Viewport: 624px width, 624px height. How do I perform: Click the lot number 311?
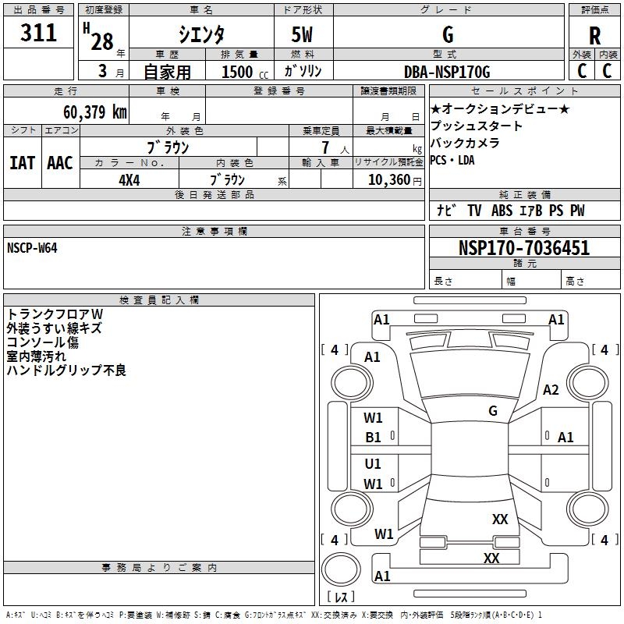pos(39,34)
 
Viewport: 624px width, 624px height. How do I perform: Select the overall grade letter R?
pos(594,35)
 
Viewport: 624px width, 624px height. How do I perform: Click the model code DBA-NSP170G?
pos(447,72)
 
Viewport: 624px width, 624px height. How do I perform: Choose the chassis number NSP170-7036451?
pos(523,249)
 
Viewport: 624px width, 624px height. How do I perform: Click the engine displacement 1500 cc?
pos(237,72)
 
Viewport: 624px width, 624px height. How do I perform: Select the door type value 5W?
pos(303,35)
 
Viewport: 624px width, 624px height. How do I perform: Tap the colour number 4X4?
pos(129,179)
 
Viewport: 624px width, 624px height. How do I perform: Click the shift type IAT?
pos(22,162)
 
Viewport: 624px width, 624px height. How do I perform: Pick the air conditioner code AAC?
pos(60,162)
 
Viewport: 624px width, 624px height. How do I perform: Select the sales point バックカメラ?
pos(466,144)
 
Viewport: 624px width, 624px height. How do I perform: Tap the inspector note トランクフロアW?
pos(55,314)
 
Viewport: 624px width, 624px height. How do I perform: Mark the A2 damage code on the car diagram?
pos(551,390)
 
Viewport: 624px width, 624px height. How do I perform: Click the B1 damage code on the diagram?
pos(374,438)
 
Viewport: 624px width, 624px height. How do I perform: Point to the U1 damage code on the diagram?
pos(374,464)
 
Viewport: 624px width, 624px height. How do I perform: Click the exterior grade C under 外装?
pos(581,71)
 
